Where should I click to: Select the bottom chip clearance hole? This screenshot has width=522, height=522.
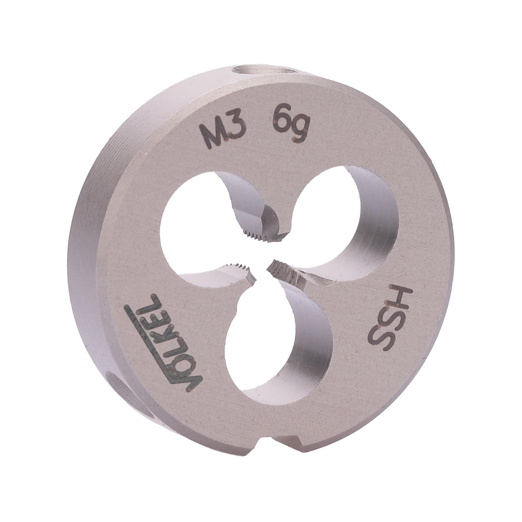tap(278, 351)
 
